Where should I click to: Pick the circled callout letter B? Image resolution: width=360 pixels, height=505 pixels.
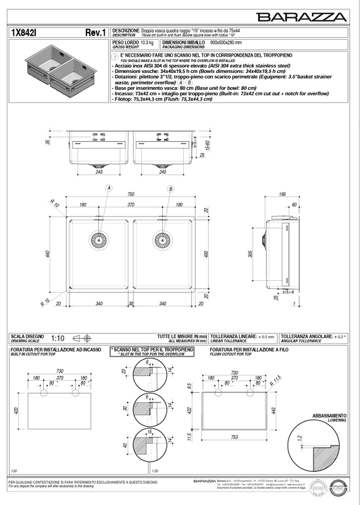(171, 189)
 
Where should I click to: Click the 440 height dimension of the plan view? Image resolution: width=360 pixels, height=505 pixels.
(48, 254)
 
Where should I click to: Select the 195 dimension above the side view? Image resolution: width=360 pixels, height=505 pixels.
(282, 194)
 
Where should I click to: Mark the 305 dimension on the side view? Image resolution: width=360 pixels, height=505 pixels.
(251, 254)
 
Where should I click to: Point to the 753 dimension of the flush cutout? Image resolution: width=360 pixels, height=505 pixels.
(234, 437)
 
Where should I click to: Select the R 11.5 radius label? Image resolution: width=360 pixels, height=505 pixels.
(273, 384)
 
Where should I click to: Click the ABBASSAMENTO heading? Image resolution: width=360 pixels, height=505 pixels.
(329, 415)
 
